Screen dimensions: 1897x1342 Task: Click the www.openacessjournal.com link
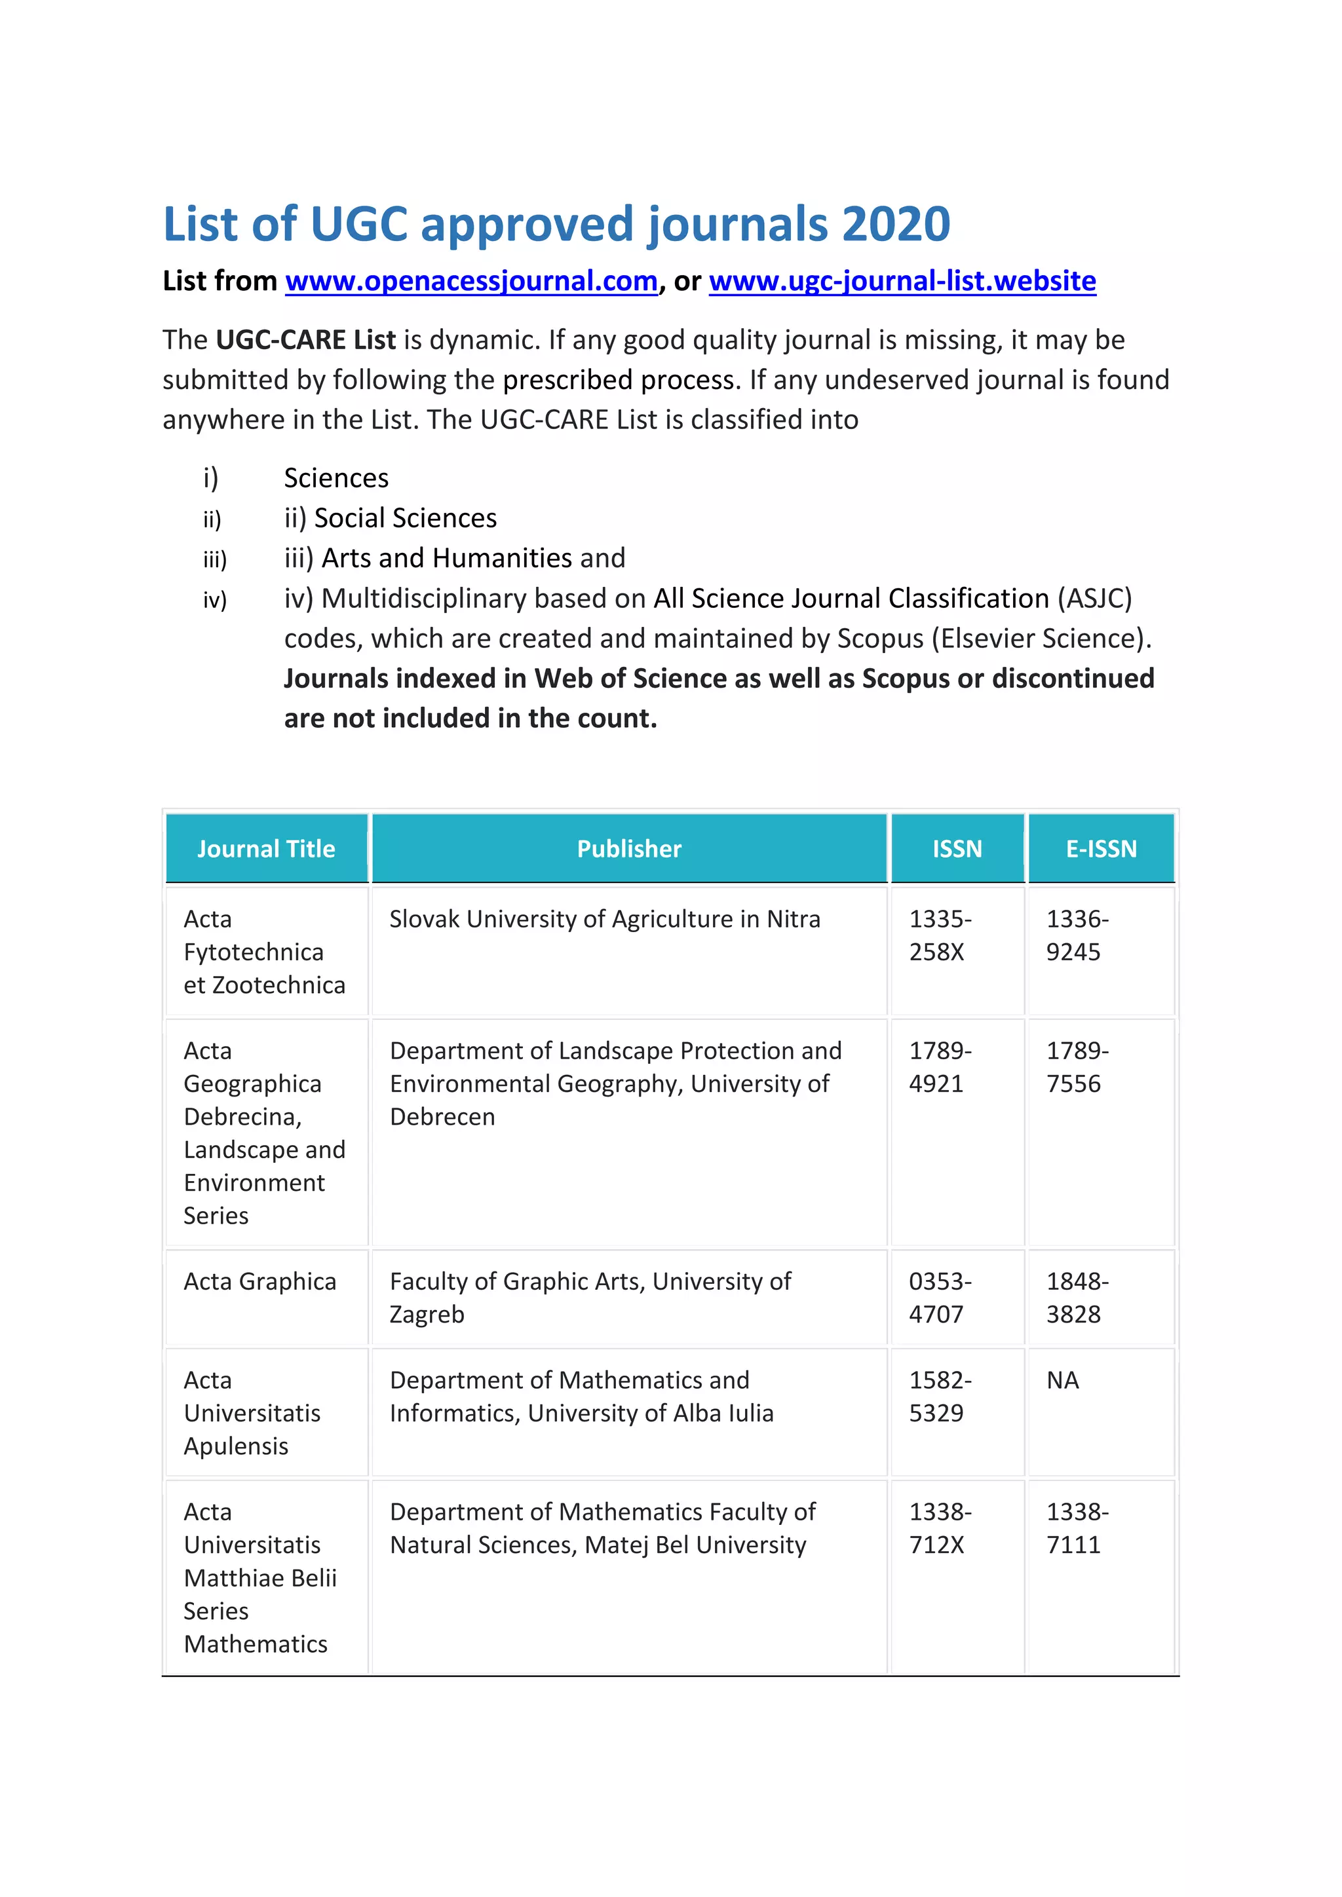[471, 281]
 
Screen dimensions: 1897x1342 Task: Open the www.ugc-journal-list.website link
[902, 281]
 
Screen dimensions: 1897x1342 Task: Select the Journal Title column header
[266, 848]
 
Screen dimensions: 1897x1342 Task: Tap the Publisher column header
[629, 848]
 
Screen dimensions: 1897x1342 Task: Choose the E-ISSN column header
[1101, 848]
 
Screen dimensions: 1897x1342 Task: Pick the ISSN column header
[957, 848]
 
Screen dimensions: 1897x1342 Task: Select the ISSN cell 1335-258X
[940, 935]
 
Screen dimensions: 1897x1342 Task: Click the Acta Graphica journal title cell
[259, 1281]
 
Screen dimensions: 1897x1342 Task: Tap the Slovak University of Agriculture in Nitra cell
[604, 919]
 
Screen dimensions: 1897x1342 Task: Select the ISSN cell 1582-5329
[940, 1397]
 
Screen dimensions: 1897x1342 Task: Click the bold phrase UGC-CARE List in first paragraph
[306, 339]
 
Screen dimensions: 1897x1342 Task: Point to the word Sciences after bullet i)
[336, 478]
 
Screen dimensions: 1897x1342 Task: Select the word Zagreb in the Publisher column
[427, 1315]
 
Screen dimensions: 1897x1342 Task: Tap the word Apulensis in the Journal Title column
[237, 1446]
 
